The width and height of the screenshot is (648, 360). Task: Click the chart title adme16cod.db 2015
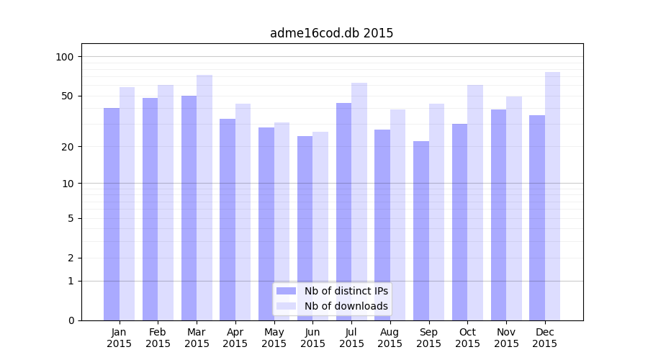[x=331, y=33]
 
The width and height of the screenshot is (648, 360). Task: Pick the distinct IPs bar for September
[x=421, y=230]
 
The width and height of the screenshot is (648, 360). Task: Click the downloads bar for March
[x=204, y=197]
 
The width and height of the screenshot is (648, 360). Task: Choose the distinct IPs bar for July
[x=344, y=212]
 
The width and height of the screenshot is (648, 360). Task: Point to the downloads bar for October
[x=475, y=202]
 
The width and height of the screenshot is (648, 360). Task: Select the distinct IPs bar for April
[x=228, y=220]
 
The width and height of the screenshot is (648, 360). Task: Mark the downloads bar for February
[x=166, y=202]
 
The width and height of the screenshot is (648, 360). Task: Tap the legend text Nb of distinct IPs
[x=346, y=291]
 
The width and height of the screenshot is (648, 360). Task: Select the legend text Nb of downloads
[x=346, y=306]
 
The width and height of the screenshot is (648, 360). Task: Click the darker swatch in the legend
[x=286, y=291]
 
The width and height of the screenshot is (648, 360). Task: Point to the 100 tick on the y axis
[x=66, y=57]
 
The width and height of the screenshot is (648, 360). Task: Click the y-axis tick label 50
[x=68, y=96]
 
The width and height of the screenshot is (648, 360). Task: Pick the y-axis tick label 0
[x=71, y=320]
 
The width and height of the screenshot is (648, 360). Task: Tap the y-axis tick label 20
[x=68, y=147]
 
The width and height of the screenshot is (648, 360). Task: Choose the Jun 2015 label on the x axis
[x=312, y=338]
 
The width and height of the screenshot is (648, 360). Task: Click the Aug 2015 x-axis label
[x=390, y=338]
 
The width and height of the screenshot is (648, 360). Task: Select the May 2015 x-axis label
[x=274, y=338]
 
